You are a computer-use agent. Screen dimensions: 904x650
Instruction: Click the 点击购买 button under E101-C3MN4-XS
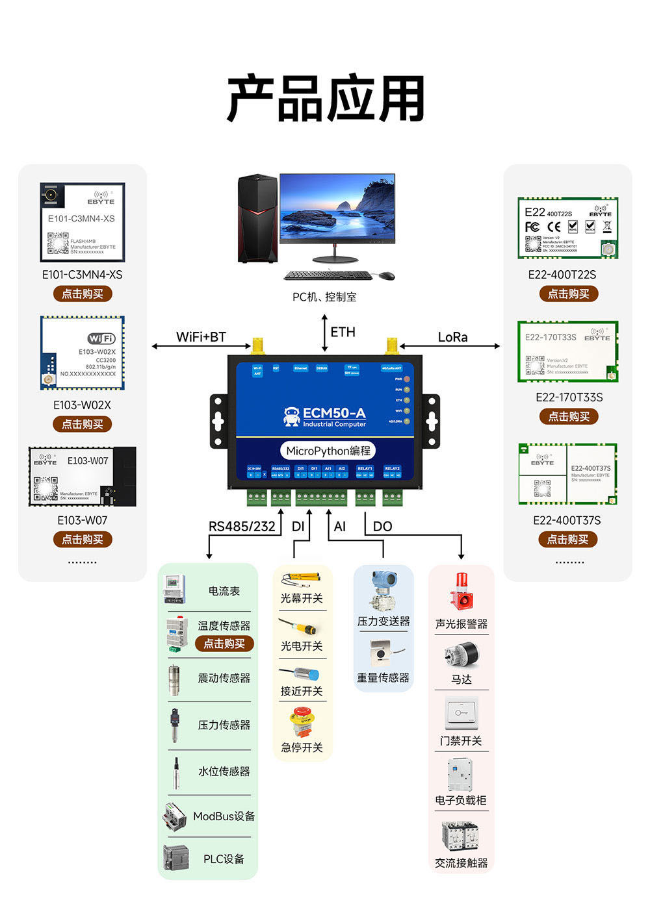pyautogui.click(x=83, y=294)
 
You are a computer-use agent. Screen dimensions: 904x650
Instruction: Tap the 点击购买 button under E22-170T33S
pyautogui.click(x=569, y=416)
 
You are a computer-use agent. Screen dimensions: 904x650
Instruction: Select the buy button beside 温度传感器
pyautogui.click(x=224, y=644)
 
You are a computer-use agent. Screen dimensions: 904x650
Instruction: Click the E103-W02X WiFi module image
pyautogui.click(x=83, y=353)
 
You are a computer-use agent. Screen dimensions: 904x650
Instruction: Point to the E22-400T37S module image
pyautogui.click(x=567, y=475)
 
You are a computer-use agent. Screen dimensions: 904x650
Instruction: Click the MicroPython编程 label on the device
pyautogui.click(x=328, y=451)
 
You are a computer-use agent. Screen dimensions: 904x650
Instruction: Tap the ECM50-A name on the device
pyautogui.click(x=333, y=413)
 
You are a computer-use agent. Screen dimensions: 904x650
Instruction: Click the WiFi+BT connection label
pyautogui.click(x=201, y=337)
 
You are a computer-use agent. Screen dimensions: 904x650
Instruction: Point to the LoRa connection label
pyautogui.click(x=452, y=337)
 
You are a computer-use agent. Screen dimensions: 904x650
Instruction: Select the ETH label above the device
pyautogui.click(x=343, y=332)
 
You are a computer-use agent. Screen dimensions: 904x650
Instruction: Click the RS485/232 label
pyautogui.click(x=242, y=526)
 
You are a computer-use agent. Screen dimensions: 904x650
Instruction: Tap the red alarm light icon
pyautogui.click(x=461, y=591)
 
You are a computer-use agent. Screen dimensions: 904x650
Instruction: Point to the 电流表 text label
pyautogui.click(x=224, y=591)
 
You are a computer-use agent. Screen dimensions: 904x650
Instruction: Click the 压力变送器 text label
pyautogui.click(x=383, y=621)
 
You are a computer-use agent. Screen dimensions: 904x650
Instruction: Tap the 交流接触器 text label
pyautogui.click(x=461, y=863)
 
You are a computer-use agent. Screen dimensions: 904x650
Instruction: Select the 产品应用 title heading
pyautogui.click(x=326, y=99)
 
